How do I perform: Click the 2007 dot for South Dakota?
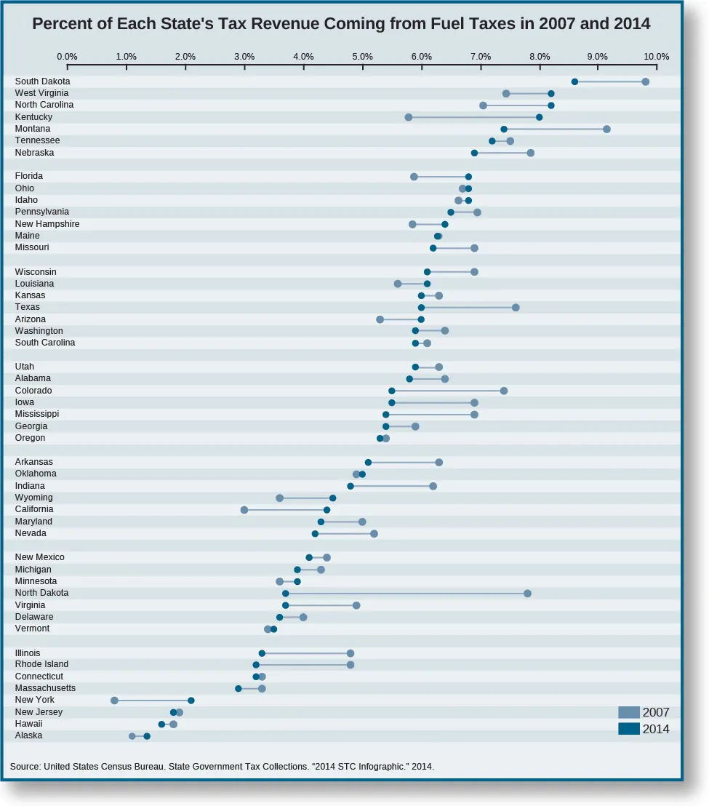tap(645, 81)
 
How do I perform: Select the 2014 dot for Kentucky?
tap(539, 117)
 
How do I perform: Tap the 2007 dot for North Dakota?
tap(527, 594)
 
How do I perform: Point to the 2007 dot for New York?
tap(114, 701)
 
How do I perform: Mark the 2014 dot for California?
tap(327, 510)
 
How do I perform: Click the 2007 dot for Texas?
tap(516, 308)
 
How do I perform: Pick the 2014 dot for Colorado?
tap(391, 391)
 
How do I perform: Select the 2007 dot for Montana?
tap(606, 129)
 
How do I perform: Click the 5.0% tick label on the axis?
tap(362, 56)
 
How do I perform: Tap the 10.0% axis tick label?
tap(657, 56)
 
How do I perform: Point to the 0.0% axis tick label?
tap(67, 56)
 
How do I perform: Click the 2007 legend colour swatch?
tap(628, 713)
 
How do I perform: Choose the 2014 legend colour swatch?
tap(628, 729)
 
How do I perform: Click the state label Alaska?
tap(28, 735)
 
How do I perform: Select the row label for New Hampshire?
tap(47, 223)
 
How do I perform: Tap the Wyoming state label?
tap(33, 498)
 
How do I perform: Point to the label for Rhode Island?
tap(41, 664)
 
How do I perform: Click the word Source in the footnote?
tap(25, 766)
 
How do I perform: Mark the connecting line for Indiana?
tap(391, 486)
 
